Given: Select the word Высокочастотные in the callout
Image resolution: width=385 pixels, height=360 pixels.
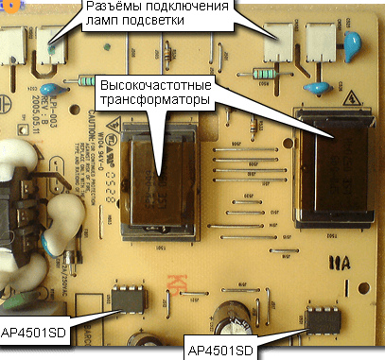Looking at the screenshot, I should click(x=162, y=88).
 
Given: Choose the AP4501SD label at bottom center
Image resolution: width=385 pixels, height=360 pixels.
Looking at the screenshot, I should click(x=221, y=350).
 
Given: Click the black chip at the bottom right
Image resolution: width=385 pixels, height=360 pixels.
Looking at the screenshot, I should click(x=323, y=321).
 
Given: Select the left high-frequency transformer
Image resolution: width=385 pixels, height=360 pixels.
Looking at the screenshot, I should click(x=157, y=179).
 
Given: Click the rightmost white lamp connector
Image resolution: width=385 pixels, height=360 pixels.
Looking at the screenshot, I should click(x=322, y=42).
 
